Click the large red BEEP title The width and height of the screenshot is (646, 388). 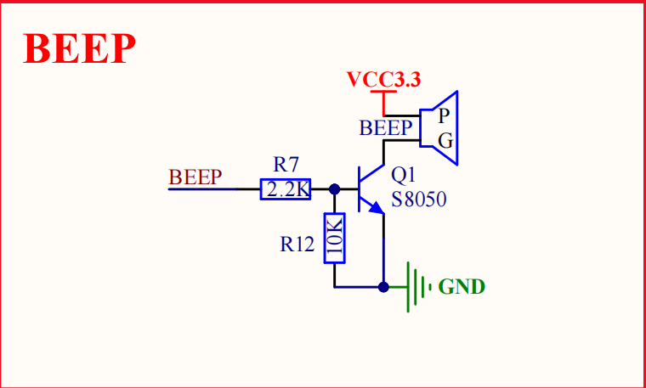point(80,48)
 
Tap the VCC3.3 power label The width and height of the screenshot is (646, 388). point(383,80)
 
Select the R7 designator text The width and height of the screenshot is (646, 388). point(285,165)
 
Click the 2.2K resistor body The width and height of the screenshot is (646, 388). point(285,189)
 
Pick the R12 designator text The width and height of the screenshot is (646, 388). point(297,245)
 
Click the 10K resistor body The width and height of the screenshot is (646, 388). point(334,238)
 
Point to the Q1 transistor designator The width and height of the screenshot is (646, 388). point(404,176)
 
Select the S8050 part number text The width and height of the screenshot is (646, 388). point(418,200)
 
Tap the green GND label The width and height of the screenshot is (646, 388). point(462,287)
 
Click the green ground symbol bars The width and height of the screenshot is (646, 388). point(417,287)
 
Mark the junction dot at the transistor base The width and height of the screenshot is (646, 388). point(335,189)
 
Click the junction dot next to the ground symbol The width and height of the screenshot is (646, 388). point(383,287)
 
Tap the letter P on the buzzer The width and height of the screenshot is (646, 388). point(444,117)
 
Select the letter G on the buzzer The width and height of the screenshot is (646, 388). point(445,141)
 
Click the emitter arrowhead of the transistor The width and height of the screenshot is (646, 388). point(377,208)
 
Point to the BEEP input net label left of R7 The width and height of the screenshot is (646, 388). point(195,177)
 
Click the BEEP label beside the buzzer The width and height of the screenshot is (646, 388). point(386,128)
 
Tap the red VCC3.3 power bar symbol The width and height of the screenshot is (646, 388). point(383,92)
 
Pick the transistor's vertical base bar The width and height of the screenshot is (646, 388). point(360,189)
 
